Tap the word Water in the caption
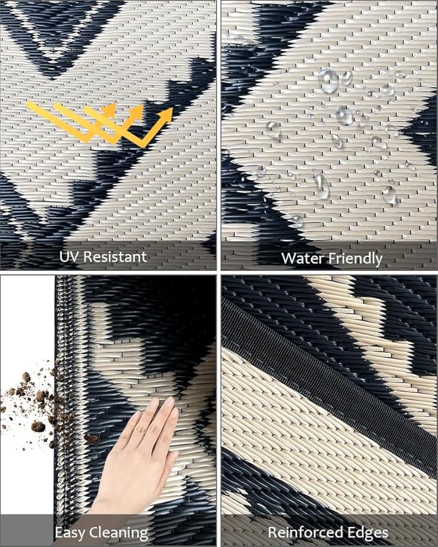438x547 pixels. [303, 259]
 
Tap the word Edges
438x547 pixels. [368, 533]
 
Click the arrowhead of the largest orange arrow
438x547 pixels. [166, 114]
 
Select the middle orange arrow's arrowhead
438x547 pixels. [137, 112]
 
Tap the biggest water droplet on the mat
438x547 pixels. [328, 81]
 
